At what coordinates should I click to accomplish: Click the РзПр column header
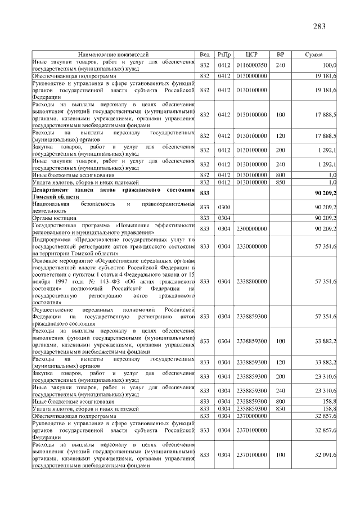click(x=224, y=55)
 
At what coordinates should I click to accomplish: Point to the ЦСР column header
click(x=251, y=55)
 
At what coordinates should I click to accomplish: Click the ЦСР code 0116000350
click(x=251, y=65)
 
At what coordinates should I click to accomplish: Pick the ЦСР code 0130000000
click(x=251, y=75)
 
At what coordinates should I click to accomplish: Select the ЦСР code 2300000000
click(x=251, y=228)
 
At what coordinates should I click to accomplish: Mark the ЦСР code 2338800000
click(x=251, y=281)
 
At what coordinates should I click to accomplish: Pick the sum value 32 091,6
click(x=326, y=454)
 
